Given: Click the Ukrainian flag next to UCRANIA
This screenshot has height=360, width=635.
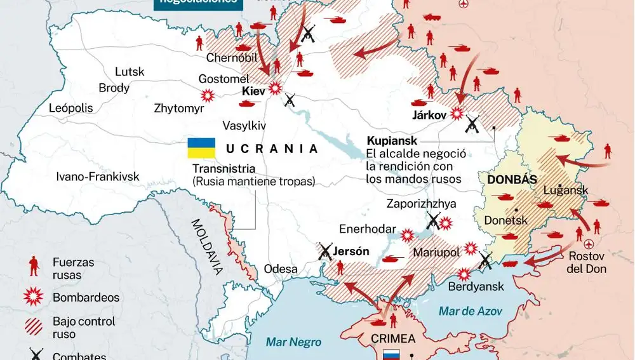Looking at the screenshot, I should pos(201,148).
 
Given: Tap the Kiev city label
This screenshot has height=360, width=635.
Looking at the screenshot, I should pos(254,91).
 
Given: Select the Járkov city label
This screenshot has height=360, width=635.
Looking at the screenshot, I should pos(429,116).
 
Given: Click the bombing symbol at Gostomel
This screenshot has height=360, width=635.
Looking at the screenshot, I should pos(207,96).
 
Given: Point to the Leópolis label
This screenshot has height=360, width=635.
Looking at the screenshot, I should pos(70,108).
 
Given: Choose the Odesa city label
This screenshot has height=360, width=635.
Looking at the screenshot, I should pos(280,269).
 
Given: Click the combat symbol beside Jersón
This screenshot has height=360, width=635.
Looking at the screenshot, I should pos(326,251).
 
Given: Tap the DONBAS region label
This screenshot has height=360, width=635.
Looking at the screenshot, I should pos(511,180).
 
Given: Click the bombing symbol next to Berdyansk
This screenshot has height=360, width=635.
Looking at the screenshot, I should pos(465,274).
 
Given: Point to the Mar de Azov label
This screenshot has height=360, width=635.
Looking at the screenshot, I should pos(470,311).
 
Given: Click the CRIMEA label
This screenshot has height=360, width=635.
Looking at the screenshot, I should pos(394,338).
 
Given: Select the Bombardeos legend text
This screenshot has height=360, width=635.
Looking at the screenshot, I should pos(86,297).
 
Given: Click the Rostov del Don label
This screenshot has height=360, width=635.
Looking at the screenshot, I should pos(586,262).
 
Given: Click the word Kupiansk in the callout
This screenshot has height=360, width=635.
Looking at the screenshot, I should pos(391,140).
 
